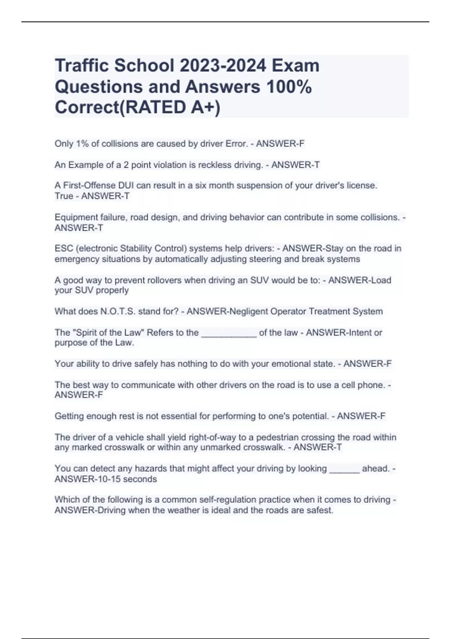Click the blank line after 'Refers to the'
coord(229,333)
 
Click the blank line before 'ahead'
coord(344,469)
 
